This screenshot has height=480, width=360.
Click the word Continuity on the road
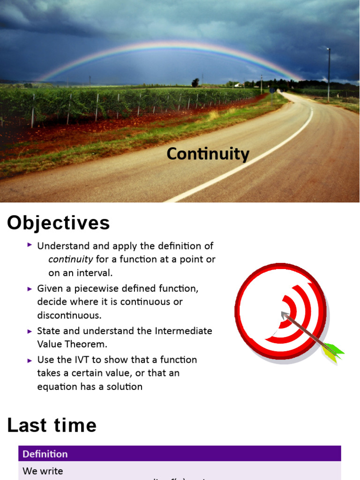coord(208,154)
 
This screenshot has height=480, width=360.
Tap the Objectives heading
coord(58,223)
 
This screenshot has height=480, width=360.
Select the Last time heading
coord(52,425)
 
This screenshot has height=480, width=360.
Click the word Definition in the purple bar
coord(45,454)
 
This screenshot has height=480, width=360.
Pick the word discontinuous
coord(69,315)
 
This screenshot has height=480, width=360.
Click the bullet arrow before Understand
coord(30,245)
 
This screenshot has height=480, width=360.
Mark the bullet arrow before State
coord(30,330)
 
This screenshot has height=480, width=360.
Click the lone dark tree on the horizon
coord(195,82)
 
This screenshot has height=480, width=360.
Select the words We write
coord(43,471)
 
